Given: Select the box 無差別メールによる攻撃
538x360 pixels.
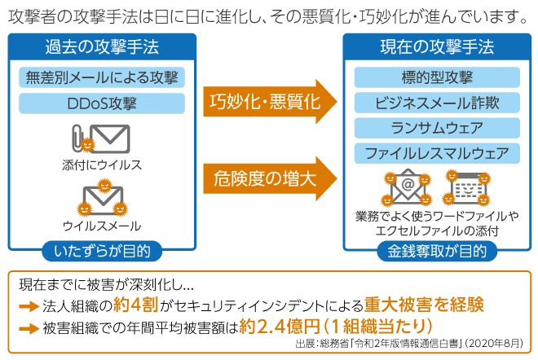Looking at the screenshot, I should click(x=101, y=78).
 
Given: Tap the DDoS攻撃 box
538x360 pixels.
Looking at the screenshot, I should click(x=101, y=103).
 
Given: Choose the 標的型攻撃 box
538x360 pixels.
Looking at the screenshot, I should click(x=437, y=78).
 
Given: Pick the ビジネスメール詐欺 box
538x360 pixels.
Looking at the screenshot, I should click(x=437, y=103).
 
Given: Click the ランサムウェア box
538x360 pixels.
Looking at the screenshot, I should click(x=437, y=128).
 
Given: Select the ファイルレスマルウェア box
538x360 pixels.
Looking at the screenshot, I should click(x=437, y=153).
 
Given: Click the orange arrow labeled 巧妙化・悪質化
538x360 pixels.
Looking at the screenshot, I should click(x=270, y=101).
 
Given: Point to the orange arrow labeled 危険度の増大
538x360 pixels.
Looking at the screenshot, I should click(x=270, y=178).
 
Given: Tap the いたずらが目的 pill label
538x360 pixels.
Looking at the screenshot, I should click(x=102, y=251).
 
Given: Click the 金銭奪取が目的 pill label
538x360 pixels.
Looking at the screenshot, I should click(x=437, y=251).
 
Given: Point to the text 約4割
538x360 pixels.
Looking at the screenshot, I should click(x=135, y=305).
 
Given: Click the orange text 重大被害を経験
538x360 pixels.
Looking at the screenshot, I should click(x=424, y=305).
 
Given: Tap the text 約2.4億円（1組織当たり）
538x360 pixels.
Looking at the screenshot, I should click(x=335, y=327).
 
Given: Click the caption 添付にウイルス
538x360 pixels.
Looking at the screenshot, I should click(x=102, y=165).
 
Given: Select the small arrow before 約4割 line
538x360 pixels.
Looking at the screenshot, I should click(x=29, y=306).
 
